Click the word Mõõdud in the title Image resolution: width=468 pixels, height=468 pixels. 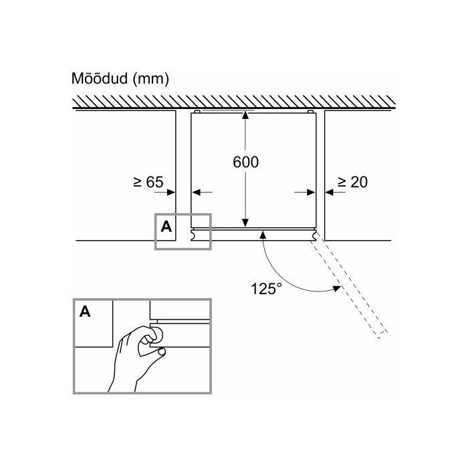pos(100,78)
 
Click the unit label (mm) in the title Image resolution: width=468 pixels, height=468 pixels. pos(150,79)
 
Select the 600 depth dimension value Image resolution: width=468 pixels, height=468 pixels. pos(245,162)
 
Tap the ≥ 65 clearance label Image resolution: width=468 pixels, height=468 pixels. pos(148,182)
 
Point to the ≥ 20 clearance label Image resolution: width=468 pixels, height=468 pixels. pos(352,182)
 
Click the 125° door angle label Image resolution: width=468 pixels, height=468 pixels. pos(266,288)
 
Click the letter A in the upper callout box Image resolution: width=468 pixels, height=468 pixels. pos(166,227)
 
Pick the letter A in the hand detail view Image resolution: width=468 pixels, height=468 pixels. pos(85,312)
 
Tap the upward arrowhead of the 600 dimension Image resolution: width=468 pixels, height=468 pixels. pos(245,115)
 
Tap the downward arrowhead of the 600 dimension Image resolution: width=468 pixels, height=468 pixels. pos(245,223)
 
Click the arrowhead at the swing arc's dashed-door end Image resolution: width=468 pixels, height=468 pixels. pos(337,288)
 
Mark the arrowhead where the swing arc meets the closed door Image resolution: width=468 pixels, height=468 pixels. pos(263,234)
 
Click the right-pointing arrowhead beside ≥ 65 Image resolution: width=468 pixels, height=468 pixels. pos(171,193)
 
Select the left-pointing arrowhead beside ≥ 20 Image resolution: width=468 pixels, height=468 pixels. pos(329,193)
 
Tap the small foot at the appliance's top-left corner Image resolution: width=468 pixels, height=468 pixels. pos(197,112)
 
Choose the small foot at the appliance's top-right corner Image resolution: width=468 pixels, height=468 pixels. pos(310,112)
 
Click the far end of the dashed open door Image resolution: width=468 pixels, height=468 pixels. pos(382,335)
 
